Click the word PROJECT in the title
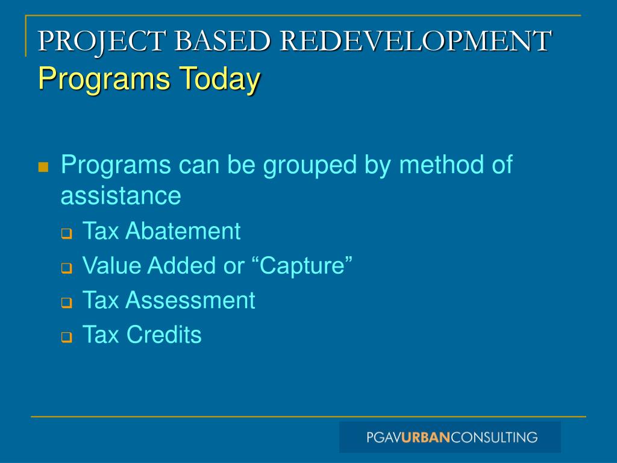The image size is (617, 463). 103,41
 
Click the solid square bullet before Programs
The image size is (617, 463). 43,167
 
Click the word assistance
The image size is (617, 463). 121,195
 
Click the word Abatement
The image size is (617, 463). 183,231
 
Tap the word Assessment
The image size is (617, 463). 190,300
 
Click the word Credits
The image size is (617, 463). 164,335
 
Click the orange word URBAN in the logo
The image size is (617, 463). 426,437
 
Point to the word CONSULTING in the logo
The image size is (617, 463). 494,437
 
